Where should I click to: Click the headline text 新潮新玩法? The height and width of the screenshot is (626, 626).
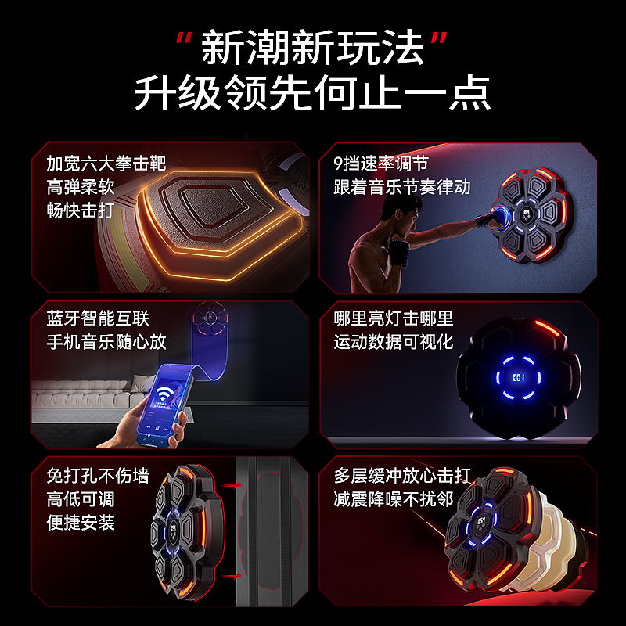312,48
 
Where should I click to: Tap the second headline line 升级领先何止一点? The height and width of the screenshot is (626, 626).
312,93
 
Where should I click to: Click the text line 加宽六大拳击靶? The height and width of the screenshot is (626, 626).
106,164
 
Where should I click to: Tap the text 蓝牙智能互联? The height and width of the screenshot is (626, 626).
98,318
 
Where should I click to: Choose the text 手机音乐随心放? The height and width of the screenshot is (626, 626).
106,342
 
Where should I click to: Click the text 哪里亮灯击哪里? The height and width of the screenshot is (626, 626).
394,318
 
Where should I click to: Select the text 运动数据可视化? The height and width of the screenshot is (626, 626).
394,342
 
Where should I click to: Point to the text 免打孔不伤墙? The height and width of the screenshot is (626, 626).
98,476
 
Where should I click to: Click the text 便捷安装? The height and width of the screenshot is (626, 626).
81,522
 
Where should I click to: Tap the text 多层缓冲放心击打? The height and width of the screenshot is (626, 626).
402,476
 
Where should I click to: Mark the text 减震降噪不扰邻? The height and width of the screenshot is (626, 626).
394,498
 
